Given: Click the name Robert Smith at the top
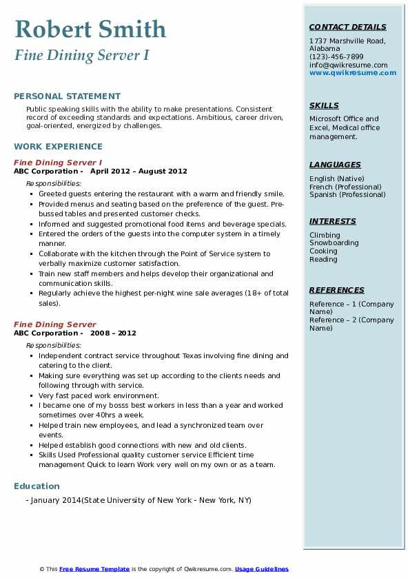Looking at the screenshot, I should [90, 30].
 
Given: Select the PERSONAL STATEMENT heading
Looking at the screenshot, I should [67, 96].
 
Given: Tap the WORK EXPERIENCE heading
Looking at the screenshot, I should [58, 146].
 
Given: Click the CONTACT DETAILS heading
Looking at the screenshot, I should [348, 27].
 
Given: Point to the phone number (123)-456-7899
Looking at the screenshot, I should [336, 57].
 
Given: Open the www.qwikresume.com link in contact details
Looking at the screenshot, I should [353, 73].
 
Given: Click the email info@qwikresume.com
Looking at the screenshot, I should [348, 65].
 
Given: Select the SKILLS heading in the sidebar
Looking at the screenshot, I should [324, 105].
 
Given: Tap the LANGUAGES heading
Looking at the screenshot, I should [335, 165].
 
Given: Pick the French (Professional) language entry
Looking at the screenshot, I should [345, 187].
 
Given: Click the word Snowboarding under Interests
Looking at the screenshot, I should [334, 243].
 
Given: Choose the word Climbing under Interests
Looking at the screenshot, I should [325, 235].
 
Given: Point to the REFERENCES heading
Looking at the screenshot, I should [336, 290].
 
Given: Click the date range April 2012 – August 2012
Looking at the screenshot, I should [139, 172].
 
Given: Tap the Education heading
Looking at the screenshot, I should [37, 486].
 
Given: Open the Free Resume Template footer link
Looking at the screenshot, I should [94, 569].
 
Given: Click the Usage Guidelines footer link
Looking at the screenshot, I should [261, 569].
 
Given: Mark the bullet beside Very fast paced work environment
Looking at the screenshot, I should [32, 396].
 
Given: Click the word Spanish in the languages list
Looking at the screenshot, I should [322, 195].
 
